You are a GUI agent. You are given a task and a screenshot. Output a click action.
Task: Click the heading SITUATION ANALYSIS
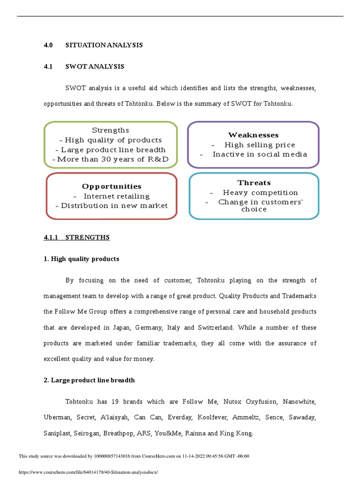104,45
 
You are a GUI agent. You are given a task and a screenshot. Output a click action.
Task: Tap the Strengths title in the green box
111,130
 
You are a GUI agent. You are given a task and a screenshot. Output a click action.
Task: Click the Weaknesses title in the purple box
253,135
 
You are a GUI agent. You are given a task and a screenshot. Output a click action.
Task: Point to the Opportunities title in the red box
112,187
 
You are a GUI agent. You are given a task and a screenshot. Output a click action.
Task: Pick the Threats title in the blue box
254,183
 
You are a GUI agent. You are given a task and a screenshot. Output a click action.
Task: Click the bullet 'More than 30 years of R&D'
111,159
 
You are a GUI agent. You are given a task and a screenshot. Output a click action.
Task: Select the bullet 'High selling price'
259,145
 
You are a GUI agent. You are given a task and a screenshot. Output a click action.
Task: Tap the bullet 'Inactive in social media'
260,154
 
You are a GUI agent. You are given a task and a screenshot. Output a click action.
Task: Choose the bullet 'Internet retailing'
116,196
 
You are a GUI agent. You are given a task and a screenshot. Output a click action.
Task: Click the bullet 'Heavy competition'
260,193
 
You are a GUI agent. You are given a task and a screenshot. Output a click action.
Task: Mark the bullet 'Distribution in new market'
112,205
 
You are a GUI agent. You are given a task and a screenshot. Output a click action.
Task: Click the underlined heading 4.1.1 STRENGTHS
76,238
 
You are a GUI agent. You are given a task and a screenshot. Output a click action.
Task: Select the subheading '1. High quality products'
81,259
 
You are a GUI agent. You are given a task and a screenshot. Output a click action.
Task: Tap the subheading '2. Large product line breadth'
89,380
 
